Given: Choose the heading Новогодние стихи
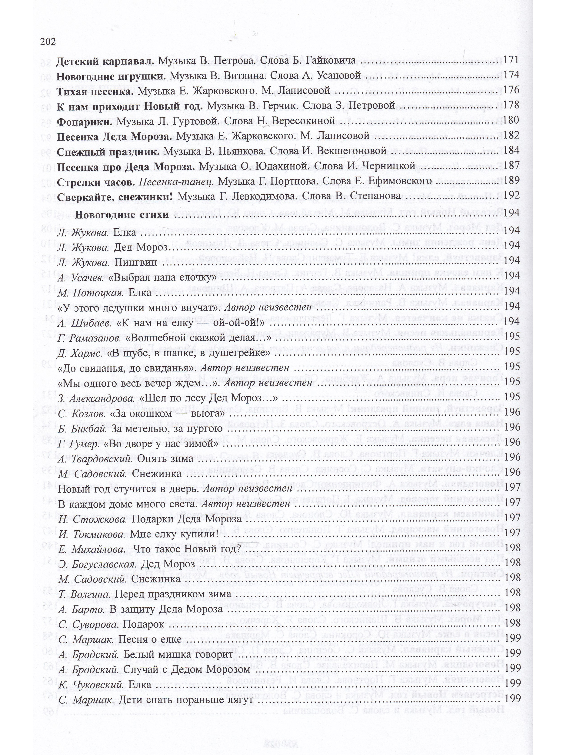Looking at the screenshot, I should [x=122, y=215].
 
